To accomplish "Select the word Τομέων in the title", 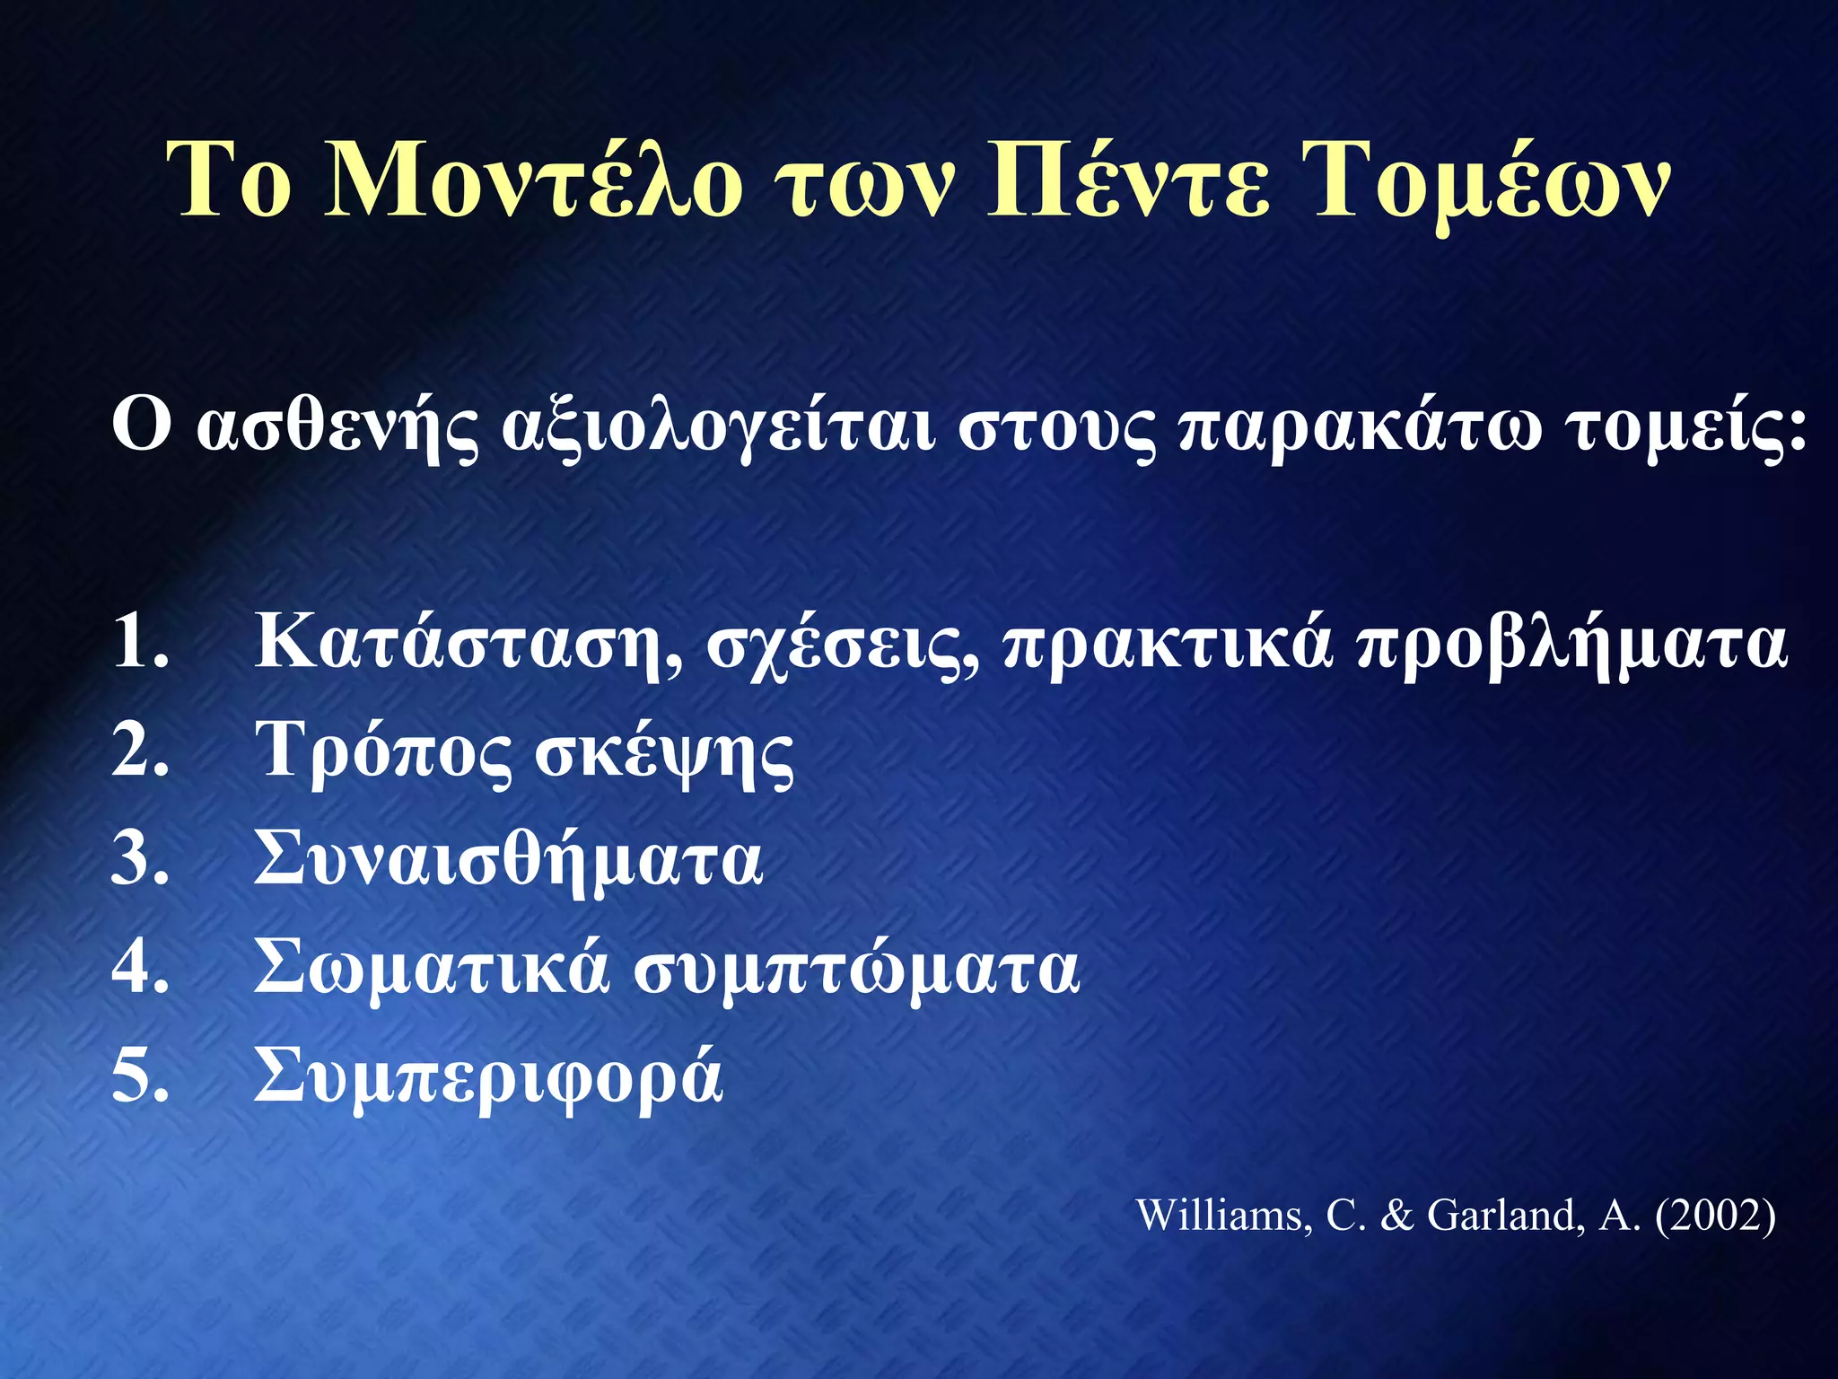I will [1490, 184].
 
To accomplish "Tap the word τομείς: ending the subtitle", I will [1688, 428].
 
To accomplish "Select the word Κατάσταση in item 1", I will [468, 644].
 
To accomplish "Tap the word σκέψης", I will [663, 755].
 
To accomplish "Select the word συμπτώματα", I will [856, 971].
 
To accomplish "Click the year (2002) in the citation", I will [1715, 1216].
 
